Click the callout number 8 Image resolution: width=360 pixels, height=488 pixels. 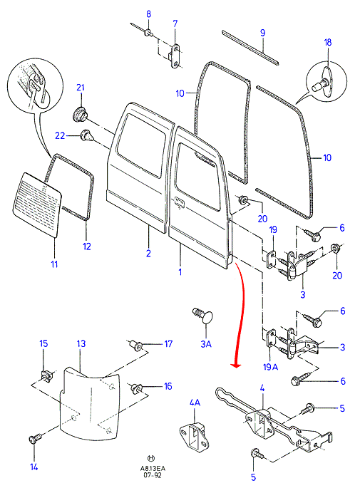148,14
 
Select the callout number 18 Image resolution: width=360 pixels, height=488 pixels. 328,42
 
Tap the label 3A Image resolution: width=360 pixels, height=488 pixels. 206,344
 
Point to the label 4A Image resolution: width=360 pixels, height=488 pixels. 195,403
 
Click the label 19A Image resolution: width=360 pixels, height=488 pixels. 270,367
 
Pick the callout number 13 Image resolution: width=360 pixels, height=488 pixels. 81,343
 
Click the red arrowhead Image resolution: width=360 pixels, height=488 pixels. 237,365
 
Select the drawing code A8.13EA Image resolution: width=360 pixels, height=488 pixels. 153,469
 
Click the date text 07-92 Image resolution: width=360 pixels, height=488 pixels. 153,475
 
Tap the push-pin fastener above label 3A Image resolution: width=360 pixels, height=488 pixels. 202,315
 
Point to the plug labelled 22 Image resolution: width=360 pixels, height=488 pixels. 86,136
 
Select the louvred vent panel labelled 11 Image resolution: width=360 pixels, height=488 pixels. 37,205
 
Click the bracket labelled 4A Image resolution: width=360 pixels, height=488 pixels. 195,435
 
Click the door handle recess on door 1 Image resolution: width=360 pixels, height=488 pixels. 180,202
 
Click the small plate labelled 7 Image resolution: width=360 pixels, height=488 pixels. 175,56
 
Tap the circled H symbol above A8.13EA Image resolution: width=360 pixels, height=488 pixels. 151,458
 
